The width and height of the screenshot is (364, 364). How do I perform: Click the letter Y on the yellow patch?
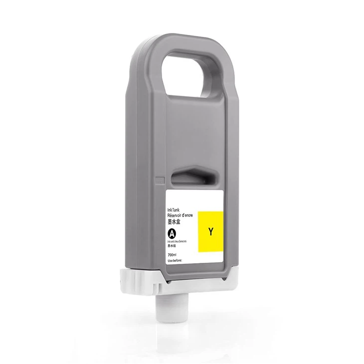(211, 231)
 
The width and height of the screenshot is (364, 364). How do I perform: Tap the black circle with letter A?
(172, 233)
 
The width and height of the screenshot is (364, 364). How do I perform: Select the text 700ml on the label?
(173, 255)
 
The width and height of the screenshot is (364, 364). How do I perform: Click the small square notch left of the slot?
(160, 181)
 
